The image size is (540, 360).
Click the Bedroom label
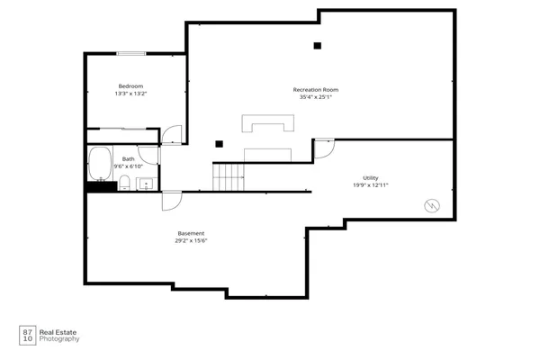[130, 86]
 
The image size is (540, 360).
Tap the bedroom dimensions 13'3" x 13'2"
[130, 94]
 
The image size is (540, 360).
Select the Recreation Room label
[315, 89]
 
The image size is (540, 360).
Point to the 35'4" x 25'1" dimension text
[315, 97]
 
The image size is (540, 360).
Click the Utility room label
[370, 178]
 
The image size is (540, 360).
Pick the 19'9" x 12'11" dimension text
[370, 186]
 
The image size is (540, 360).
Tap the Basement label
[191, 233]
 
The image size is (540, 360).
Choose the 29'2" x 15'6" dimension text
[191, 240]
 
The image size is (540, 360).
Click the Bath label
[129, 158]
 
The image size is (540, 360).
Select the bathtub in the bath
[98, 165]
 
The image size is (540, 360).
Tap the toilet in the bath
[125, 184]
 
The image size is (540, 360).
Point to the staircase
[228, 176]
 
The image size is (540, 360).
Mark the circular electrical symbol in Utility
[432, 205]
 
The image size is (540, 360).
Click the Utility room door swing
[324, 147]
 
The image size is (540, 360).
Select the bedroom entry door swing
[172, 135]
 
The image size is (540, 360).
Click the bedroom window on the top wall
[131, 53]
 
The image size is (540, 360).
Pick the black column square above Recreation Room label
[317, 46]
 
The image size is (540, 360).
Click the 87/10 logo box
[27, 335]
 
